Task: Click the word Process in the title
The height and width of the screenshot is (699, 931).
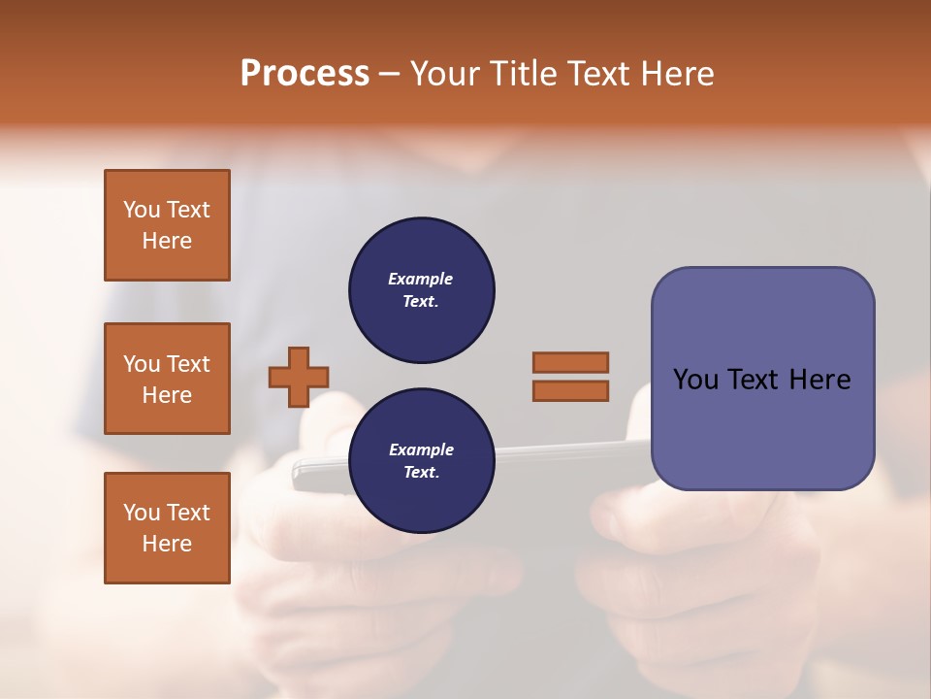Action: click(x=305, y=74)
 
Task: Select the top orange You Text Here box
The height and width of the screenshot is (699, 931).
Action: click(x=167, y=225)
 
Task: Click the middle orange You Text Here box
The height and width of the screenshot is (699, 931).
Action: click(x=167, y=379)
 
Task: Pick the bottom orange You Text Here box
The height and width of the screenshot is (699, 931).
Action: click(x=167, y=528)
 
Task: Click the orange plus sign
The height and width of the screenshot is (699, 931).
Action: click(x=299, y=377)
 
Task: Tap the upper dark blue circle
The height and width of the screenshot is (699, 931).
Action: click(x=422, y=290)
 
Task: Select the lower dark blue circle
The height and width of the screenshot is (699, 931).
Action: click(x=422, y=460)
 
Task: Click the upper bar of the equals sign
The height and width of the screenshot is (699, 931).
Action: click(x=570, y=362)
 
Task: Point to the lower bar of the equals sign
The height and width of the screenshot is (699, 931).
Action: click(x=570, y=390)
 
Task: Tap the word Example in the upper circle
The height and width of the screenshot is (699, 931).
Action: click(x=421, y=279)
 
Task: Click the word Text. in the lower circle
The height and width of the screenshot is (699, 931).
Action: click(x=421, y=473)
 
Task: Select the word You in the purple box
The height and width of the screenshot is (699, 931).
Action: click(x=694, y=380)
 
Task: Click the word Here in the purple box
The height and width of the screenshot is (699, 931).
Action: click(x=819, y=380)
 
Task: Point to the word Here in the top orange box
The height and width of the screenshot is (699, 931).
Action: click(x=167, y=241)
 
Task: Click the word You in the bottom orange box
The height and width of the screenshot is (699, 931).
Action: click(x=142, y=513)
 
